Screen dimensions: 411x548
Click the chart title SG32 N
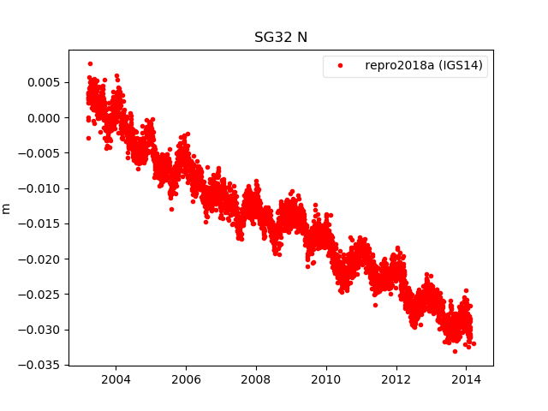click(281, 38)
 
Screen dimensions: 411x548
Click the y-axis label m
click(7, 207)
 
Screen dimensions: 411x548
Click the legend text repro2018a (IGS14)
click(425, 65)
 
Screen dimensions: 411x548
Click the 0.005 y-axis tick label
click(44, 82)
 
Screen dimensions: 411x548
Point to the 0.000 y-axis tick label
click(44, 117)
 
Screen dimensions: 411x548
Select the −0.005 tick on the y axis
click(40, 153)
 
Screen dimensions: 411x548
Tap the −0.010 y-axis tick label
click(40, 188)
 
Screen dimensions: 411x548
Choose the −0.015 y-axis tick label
click(40, 223)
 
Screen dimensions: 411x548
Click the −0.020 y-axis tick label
click(40, 259)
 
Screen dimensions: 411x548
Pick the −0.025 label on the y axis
click(40, 294)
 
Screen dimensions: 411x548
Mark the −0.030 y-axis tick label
click(40, 330)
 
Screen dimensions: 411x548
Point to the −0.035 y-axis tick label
click(40, 365)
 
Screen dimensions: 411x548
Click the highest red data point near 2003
click(90, 63)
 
